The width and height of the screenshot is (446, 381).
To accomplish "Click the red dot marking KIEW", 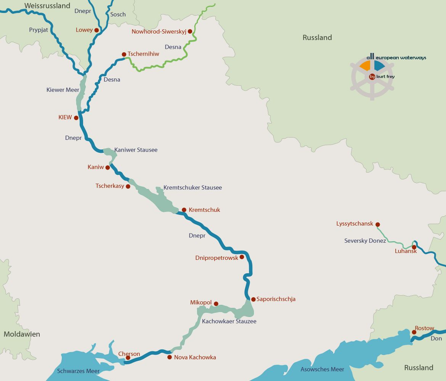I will click(76, 118).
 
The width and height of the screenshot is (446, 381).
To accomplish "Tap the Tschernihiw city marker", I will click(124, 54).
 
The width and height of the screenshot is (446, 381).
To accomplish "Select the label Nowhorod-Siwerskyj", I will click(159, 32).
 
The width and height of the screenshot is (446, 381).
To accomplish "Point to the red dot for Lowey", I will click(96, 30).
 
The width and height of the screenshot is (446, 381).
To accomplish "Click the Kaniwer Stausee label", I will click(136, 150).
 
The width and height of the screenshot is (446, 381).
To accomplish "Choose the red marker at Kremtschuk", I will click(184, 210).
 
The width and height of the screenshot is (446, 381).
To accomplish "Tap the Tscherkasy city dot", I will click(128, 187).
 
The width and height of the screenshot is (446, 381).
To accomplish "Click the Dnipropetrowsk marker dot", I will click(242, 257).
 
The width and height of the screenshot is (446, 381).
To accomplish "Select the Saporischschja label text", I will click(276, 299).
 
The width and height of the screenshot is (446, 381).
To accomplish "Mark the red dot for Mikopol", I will click(216, 304).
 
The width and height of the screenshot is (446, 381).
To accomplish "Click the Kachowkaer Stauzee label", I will click(229, 322).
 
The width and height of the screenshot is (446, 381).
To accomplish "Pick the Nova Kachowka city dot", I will click(170, 357).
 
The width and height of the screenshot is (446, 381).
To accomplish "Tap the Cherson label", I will click(129, 354).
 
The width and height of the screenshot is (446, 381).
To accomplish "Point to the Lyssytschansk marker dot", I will click(377, 224).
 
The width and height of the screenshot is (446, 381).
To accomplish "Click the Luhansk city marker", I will click(414, 247).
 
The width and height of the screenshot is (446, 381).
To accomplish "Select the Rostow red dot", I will click(414, 332).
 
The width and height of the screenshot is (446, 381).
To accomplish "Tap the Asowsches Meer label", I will click(322, 369).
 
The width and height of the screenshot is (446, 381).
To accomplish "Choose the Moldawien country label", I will click(22, 334).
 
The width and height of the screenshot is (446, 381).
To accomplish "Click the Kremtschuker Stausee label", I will click(193, 188).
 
